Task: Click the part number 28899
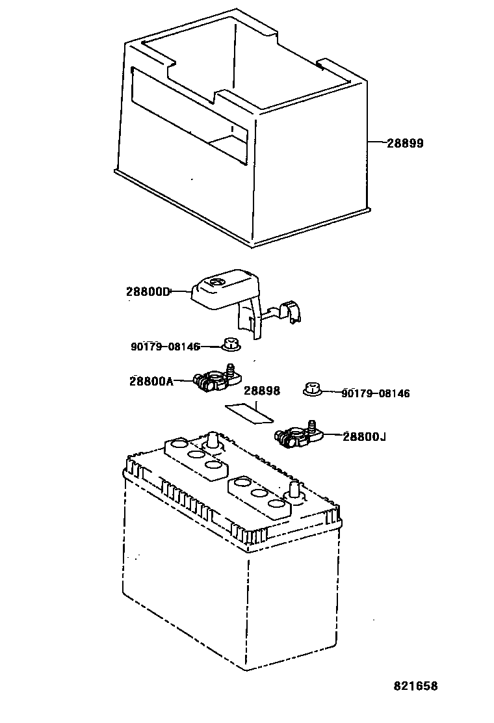(x=405, y=143)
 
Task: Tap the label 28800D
(x=148, y=292)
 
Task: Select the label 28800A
(x=151, y=382)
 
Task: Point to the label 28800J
(x=364, y=437)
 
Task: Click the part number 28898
(x=262, y=391)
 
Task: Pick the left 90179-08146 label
(x=165, y=347)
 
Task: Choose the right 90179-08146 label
(x=375, y=393)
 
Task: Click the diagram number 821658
(x=415, y=686)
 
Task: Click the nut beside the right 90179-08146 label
(x=313, y=390)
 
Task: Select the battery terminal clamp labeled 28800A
(x=214, y=380)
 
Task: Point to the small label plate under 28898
(x=250, y=412)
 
